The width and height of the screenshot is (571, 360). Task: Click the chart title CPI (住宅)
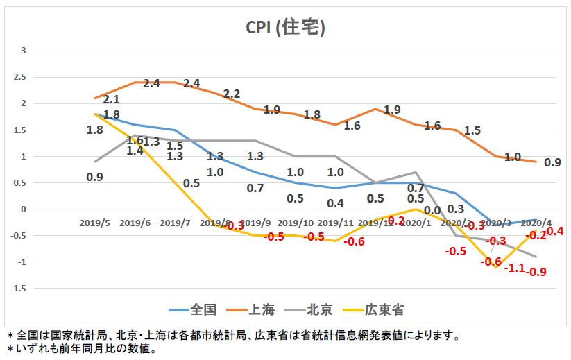click(x=285, y=28)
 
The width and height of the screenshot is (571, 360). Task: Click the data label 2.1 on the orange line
click(x=111, y=100)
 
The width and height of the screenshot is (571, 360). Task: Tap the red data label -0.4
click(x=555, y=230)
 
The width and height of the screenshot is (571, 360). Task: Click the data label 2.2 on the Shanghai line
click(x=232, y=94)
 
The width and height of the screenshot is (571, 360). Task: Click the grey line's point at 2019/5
click(x=95, y=162)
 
